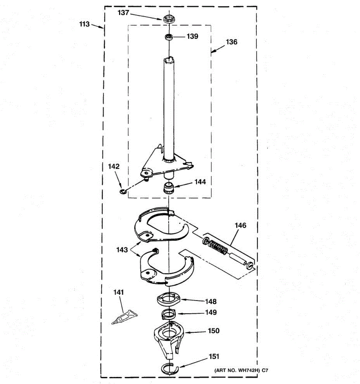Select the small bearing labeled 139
click(168, 37)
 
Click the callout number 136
click(231, 42)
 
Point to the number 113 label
click(84, 24)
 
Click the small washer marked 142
click(122, 191)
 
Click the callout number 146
click(240, 225)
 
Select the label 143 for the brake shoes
click(122, 250)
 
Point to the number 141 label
click(119, 292)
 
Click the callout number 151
click(214, 356)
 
